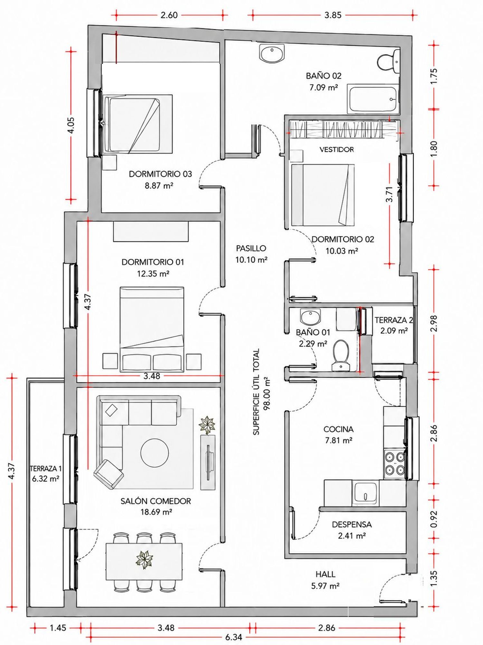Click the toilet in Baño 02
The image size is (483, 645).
[388, 61]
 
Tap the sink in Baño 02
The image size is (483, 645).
[272, 54]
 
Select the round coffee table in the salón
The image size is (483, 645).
[155, 452]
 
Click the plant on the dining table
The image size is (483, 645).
[144, 560]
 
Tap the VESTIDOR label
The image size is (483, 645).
[336, 150]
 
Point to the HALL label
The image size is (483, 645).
[326, 574]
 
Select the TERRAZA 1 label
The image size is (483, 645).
[45, 469]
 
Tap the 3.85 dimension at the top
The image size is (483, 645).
[333, 15]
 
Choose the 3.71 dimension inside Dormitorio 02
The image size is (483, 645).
[390, 194]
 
